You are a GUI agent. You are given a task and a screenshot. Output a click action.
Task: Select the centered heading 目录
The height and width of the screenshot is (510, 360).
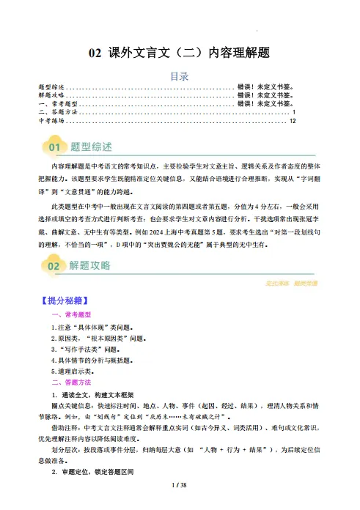(180, 75)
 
